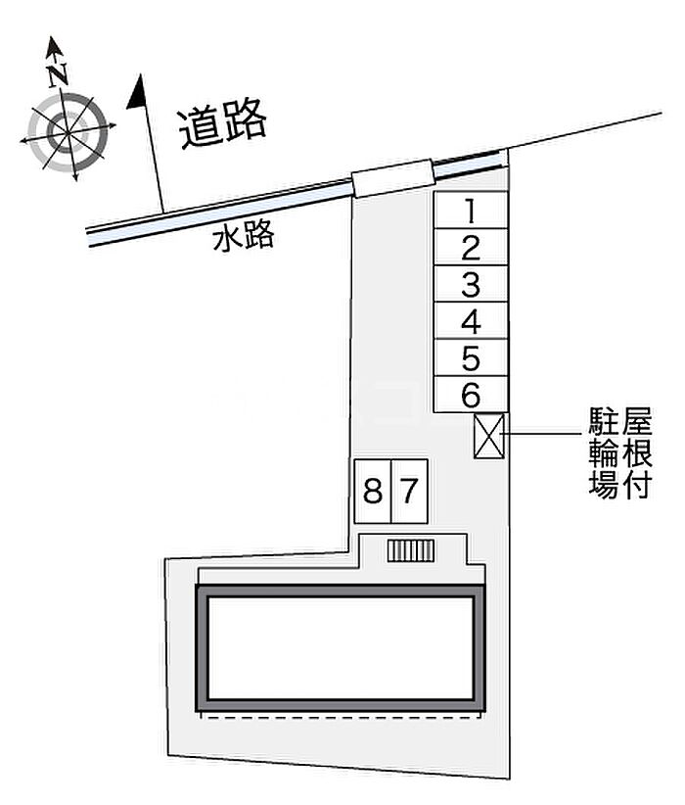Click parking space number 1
pyautogui.click(x=471, y=210)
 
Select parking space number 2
pyautogui.click(x=471, y=247)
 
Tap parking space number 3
pyautogui.click(x=471, y=284)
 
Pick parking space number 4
pyautogui.click(x=471, y=321)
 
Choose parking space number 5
pyautogui.click(x=471, y=357)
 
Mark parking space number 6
pyautogui.click(x=471, y=395)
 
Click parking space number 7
pyautogui.click(x=409, y=492)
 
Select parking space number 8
pyautogui.click(x=373, y=492)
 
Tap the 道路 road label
pyautogui.click(x=223, y=123)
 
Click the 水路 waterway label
pyautogui.click(x=244, y=236)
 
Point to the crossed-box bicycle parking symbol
pyautogui.click(x=489, y=436)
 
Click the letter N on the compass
pyautogui.click(x=58, y=74)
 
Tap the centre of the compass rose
pyautogui.click(x=68, y=133)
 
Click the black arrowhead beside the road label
pyautogui.click(x=136, y=91)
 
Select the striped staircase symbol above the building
pyautogui.click(x=410, y=551)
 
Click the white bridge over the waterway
pyautogui.click(x=393, y=178)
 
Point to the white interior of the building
pyautogui.click(x=341, y=648)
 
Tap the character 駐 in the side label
pyautogui.click(x=603, y=421)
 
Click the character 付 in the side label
pyautogui.click(x=636, y=484)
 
